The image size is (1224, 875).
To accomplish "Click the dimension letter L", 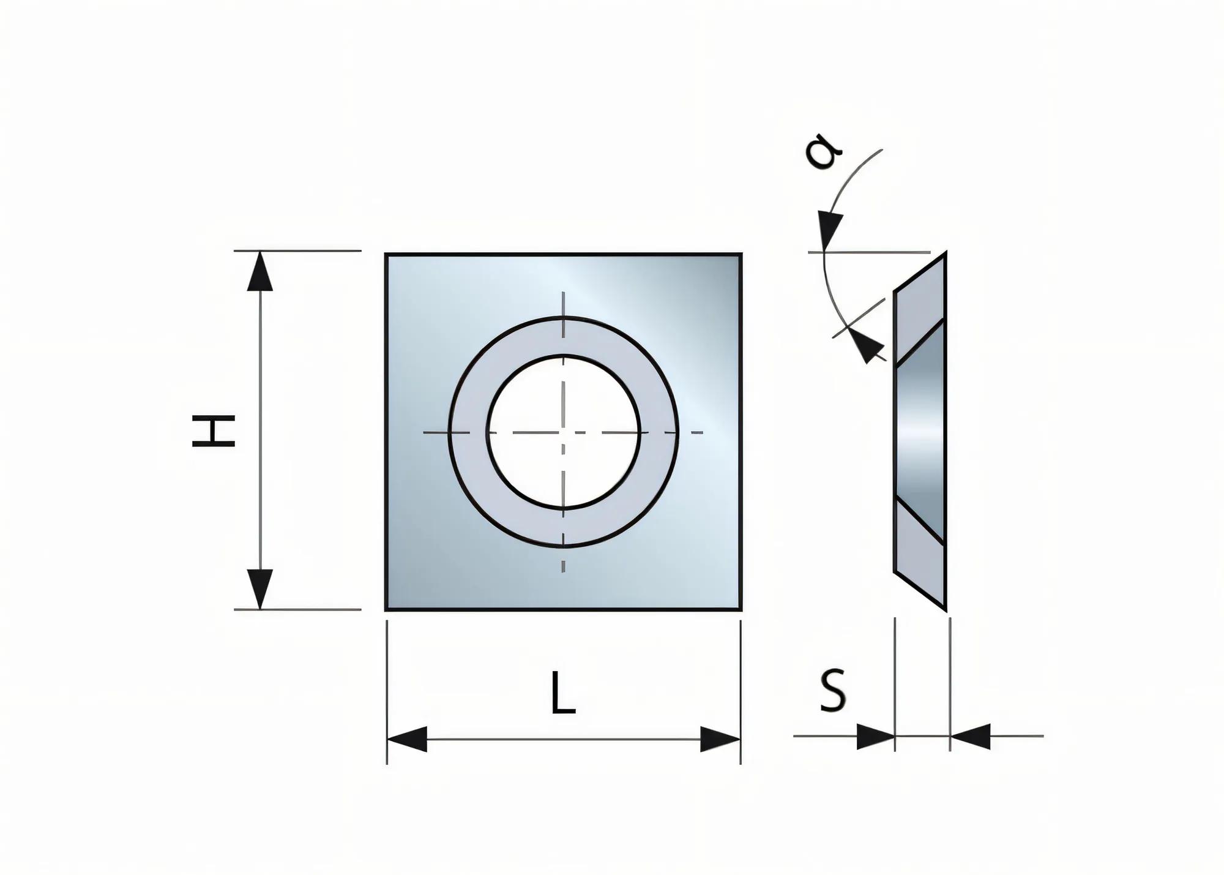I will tap(562, 693).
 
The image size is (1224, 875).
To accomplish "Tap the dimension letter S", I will tap(833, 691).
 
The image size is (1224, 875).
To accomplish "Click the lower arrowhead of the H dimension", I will tap(260, 588).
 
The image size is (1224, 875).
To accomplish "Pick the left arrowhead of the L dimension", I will tap(408, 740).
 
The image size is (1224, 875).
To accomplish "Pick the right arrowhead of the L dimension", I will tap(720, 740).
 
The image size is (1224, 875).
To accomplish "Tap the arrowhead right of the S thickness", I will tap(971, 737).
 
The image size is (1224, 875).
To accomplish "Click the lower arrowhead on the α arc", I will tap(867, 347).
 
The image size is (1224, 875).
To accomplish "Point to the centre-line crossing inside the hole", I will tap(564, 432).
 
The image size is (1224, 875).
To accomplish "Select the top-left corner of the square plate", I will tap(386, 255).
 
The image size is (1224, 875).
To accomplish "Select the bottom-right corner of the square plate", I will tap(741, 609).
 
